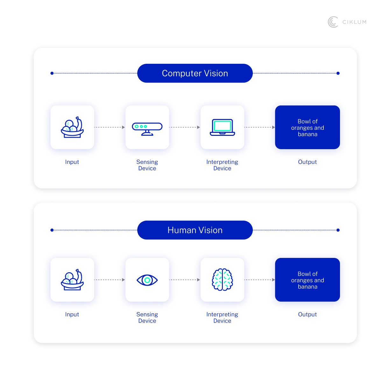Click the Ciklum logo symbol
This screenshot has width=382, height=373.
[333, 22]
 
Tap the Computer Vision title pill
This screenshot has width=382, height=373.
[195, 73]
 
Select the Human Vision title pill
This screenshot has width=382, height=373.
[195, 230]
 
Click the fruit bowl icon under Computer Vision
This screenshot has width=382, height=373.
[72, 127]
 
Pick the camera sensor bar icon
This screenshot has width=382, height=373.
[147, 128]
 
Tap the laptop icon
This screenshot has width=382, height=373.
[222, 127]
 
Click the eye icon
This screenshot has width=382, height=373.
[147, 280]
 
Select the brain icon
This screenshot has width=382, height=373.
[222, 280]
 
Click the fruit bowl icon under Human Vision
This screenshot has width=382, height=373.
[72, 280]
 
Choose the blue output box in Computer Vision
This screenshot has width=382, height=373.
[308, 127]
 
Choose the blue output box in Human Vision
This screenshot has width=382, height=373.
[308, 280]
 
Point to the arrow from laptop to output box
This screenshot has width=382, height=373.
[259, 127]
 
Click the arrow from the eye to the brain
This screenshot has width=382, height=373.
[185, 280]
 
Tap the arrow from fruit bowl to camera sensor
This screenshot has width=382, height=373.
[110, 127]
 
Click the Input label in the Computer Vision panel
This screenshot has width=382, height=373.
[72, 162]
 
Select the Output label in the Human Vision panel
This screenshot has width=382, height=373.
[308, 314]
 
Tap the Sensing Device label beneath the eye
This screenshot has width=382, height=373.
[147, 318]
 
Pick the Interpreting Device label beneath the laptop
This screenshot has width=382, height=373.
[222, 165]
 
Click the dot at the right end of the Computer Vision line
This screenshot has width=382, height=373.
[338, 73]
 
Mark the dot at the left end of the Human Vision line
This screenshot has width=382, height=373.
[52, 230]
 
